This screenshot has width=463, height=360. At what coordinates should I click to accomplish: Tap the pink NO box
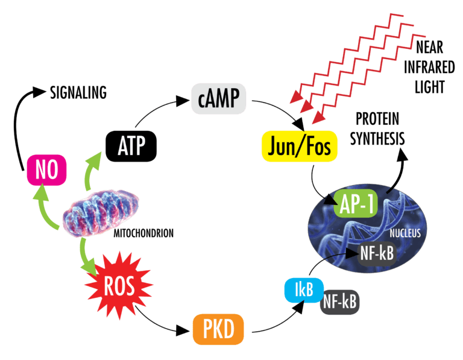click(46, 170)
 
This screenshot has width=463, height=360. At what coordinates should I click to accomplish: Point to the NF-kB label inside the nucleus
click(377, 254)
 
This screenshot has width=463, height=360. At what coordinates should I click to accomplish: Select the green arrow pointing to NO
click(48, 208)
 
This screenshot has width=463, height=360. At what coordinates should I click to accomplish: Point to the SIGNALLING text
click(78, 92)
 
